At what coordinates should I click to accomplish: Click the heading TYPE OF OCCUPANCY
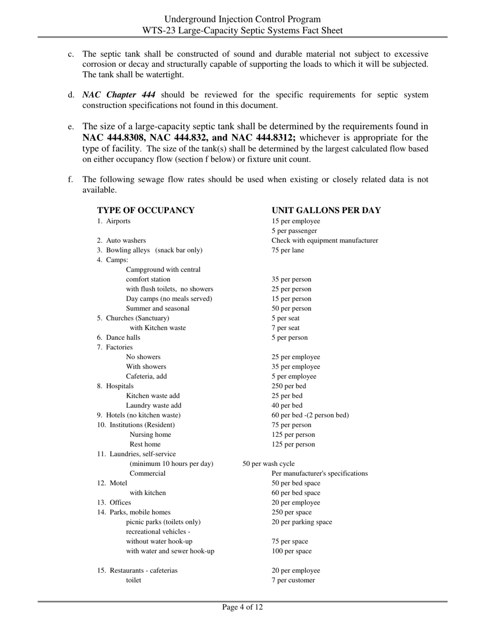145,211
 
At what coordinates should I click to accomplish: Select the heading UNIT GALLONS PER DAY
326,211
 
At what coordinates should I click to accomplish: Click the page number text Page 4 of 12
242,607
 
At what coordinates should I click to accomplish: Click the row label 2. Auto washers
121,241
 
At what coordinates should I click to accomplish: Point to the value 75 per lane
288,250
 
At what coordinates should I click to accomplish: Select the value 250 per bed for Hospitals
289,386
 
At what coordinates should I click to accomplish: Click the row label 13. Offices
114,503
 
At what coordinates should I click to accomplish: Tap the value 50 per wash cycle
268,464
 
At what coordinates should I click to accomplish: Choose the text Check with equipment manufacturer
325,241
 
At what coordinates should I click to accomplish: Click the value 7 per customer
293,581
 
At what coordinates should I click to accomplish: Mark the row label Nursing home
150,435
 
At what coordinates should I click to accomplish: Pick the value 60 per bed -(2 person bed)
310,415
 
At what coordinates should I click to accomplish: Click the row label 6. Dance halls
118,338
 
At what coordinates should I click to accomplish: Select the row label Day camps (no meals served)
169,299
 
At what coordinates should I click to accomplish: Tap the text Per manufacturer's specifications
319,474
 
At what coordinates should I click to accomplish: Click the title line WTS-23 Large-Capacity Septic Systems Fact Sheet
242,30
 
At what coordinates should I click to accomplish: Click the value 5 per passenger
294,231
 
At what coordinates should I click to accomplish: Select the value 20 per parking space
302,522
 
